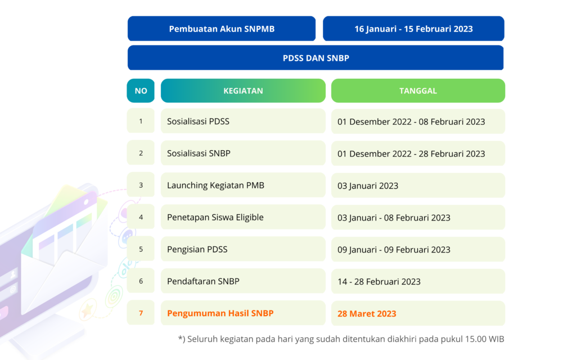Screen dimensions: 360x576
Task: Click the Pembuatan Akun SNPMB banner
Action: coord(222,29)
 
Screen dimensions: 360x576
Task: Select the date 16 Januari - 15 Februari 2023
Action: coord(413,29)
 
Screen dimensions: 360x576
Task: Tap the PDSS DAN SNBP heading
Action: coord(316,58)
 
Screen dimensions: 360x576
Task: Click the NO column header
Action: coord(141,91)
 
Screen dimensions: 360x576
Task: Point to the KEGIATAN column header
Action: coord(243,91)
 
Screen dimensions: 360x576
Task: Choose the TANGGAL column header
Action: coord(418,91)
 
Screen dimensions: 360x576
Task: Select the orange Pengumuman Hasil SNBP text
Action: coord(220,313)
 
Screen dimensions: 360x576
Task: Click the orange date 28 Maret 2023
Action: coord(367,314)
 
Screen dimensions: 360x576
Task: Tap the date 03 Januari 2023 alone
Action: coord(368,186)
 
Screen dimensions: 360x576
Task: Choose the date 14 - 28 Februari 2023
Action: coord(379,281)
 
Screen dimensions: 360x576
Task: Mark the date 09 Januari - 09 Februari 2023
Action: coord(394,250)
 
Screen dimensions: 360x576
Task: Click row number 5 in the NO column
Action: coord(141,249)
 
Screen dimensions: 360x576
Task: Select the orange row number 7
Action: coord(141,313)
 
